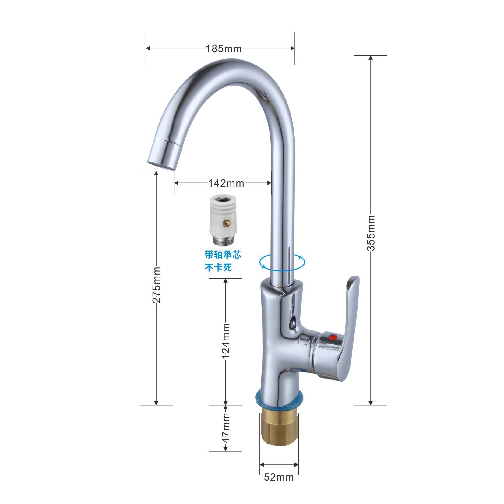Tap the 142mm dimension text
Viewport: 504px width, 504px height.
pos(226,183)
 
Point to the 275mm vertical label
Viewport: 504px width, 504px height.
pos(156,284)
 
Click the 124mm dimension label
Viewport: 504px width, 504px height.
pos(226,342)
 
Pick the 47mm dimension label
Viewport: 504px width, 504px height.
pos(226,428)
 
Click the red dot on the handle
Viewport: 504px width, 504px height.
pos(334,337)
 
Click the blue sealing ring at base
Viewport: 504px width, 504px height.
pos(279,401)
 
